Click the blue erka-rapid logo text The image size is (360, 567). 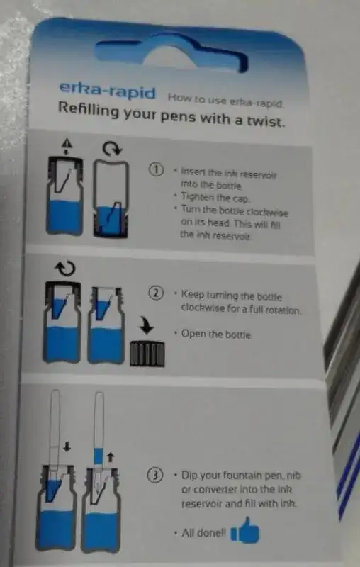(107, 91)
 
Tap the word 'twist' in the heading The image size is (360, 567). (265, 121)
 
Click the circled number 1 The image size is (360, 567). (157, 169)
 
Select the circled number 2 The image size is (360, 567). (156, 293)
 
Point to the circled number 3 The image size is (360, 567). (155, 475)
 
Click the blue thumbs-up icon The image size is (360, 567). (244, 530)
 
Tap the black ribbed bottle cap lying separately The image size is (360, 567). (147, 354)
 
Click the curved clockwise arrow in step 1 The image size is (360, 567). (113, 148)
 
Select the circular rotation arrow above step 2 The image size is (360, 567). (65, 269)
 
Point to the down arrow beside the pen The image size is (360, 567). (67, 447)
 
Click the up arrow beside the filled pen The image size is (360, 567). (111, 457)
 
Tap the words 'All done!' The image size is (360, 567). (203, 533)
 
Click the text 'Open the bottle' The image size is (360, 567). (216, 334)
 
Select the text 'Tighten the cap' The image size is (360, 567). (215, 198)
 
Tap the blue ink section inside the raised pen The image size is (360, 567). (99, 456)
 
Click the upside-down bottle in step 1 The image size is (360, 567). (111, 198)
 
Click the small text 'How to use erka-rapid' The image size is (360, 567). (225, 101)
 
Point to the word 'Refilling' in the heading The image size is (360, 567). (89, 109)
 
